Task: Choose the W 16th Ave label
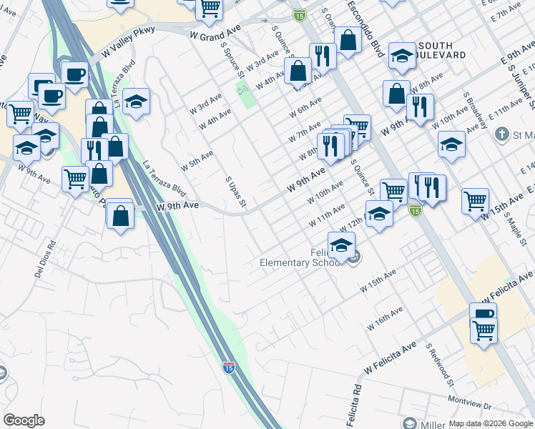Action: coord(386,318)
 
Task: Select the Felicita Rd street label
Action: coord(355,401)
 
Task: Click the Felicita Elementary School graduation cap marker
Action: coord(342,245)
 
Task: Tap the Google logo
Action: coord(24,420)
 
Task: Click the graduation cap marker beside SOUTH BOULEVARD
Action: coord(403,55)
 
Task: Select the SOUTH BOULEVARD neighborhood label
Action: coord(441,50)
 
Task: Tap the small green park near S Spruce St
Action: coord(247,94)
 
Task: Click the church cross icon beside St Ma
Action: coord(503,134)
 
